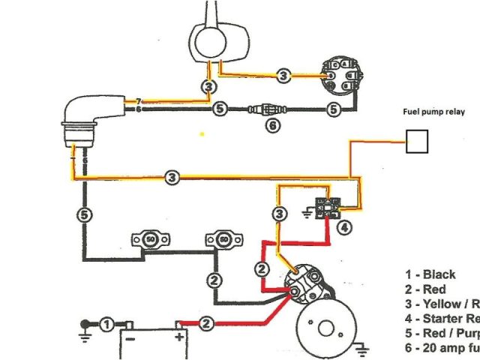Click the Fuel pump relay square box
[x=417, y=140]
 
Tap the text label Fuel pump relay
[x=431, y=112]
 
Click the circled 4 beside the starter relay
[x=342, y=226]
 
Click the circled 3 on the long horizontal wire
[x=172, y=177]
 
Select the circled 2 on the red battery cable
[x=208, y=323]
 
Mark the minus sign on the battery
[x=129, y=338]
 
